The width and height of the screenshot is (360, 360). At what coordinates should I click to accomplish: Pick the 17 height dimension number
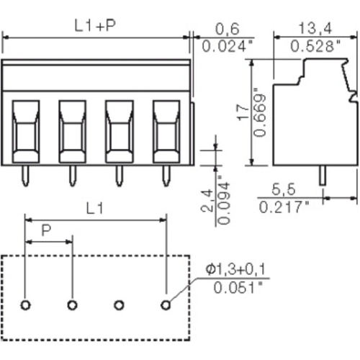246,112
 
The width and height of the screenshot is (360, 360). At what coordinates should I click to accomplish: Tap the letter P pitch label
46,230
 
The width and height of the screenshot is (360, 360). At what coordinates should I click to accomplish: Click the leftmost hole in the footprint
25,305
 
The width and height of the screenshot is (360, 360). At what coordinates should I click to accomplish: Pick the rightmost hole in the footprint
166,305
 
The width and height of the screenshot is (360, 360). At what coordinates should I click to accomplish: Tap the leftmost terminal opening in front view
25,131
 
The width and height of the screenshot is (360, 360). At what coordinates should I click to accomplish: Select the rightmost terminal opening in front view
166,131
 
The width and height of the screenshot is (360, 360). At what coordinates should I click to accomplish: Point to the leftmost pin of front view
25,174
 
